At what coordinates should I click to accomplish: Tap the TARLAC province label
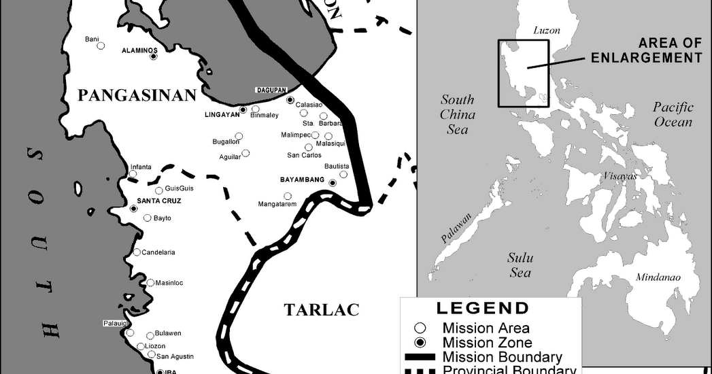click(x=321, y=310)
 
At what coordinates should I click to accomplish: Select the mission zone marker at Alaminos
click(x=154, y=56)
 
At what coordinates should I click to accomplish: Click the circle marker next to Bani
click(x=101, y=46)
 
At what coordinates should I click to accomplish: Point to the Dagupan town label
click(x=271, y=90)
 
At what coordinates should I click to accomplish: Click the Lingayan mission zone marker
click(x=243, y=109)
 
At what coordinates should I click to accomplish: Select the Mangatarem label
click(x=277, y=203)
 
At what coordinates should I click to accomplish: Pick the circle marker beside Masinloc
click(x=150, y=283)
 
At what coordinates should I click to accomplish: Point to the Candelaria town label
click(x=158, y=252)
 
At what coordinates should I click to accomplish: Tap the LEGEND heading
click(x=482, y=307)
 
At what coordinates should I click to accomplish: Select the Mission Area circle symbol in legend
click(x=420, y=328)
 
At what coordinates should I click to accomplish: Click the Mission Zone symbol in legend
click(x=420, y=342)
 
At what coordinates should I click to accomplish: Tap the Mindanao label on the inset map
click(x=658, y=277)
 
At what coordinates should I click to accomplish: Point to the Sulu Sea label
click(x=520, y=265)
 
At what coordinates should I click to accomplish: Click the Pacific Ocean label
click(x=673, y=114)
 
